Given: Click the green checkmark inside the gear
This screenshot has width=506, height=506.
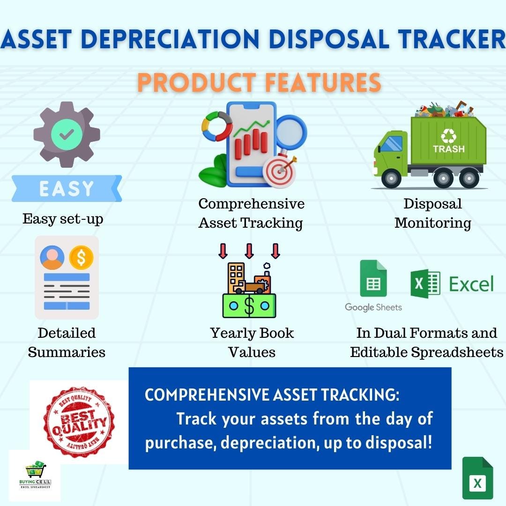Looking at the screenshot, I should pyautogui.click(x=66, y=134).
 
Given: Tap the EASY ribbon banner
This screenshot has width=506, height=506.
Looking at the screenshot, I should pyautogui.click(x=67, y=188).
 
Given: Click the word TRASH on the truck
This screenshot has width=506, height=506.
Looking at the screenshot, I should pyautogui.click(x=448, y=149).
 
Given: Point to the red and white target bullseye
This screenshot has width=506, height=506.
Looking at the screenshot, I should pyautogui.click(x=280, y=171).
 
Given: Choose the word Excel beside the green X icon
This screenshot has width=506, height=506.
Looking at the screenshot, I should pyautogui.click(x=471, y=284).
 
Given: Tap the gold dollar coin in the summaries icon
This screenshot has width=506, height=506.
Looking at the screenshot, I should pyautogui.click(x=81, y=257).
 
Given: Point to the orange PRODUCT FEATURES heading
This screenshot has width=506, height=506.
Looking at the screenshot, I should pyautogui.click(x=259, y=82).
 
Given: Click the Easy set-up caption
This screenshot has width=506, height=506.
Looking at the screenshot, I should pyautogui.click(x=63, y=219).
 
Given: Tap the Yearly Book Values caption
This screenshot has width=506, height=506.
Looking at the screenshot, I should pyautogui.click(x=252, y=342).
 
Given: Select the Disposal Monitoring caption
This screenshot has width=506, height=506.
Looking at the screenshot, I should pyautogui.click(x=432, y=213).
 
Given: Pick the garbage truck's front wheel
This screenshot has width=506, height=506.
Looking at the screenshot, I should pyautogui.click(x=391, y=179).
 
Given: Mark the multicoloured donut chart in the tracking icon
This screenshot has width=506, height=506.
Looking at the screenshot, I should pyautogui.click(x=217, y=127).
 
